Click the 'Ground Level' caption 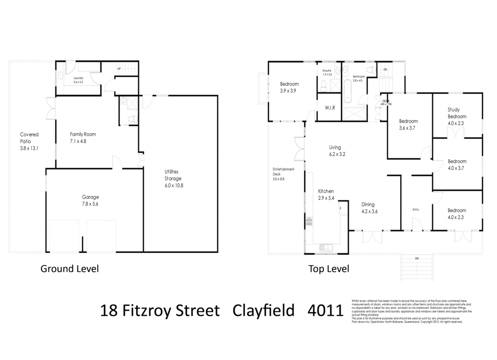69,269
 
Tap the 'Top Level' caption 329,269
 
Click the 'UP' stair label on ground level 119,69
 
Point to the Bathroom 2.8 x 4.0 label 359,78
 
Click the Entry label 415,209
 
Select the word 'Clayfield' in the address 264,310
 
